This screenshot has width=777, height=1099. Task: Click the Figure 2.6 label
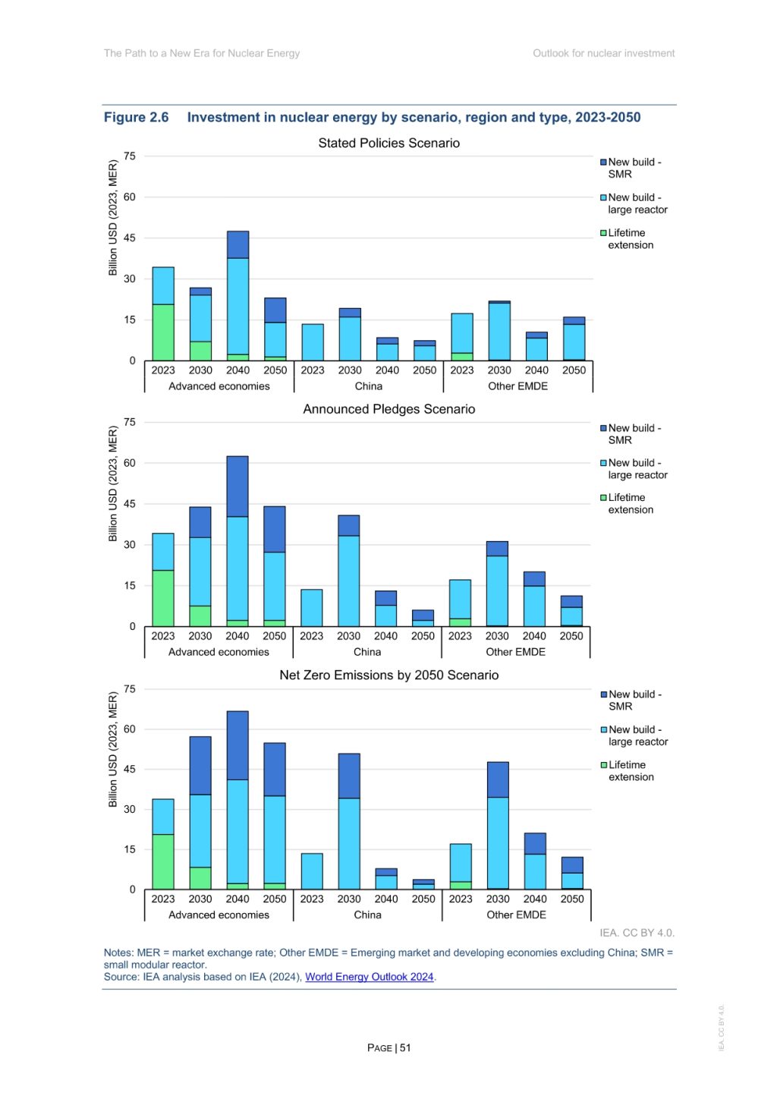[x=136, y=117]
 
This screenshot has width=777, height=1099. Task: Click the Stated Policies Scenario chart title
[x=388, y=143]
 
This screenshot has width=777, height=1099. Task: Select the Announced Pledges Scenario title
[x=388, y=409]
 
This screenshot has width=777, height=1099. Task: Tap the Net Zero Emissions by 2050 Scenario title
[x=388, y=675]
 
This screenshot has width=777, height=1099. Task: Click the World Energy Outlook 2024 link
[x=369, y=977]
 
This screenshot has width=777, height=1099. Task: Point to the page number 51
[x=405, y=1047]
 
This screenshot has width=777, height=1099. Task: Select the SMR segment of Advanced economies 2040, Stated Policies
[x=238, y=244]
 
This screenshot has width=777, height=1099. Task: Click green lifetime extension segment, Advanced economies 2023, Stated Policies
[x=163, y=332]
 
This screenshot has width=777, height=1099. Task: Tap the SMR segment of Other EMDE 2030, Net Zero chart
[x=498, y=779]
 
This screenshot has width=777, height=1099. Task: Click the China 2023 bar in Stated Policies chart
[x=312, y=342]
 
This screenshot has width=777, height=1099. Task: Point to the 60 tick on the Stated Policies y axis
[x=130, y=197]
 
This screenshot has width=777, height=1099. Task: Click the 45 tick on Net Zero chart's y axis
[x=130, y=769]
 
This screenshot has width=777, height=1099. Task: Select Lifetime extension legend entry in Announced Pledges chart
[x=629, y=503]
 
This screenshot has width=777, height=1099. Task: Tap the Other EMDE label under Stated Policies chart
[x=517, y=386]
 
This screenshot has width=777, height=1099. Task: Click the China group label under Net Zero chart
[x=367, y=915]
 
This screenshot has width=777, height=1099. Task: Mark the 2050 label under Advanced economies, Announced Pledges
[x=275, y=636]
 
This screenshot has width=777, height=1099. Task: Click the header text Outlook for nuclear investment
[x=603, y=53]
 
